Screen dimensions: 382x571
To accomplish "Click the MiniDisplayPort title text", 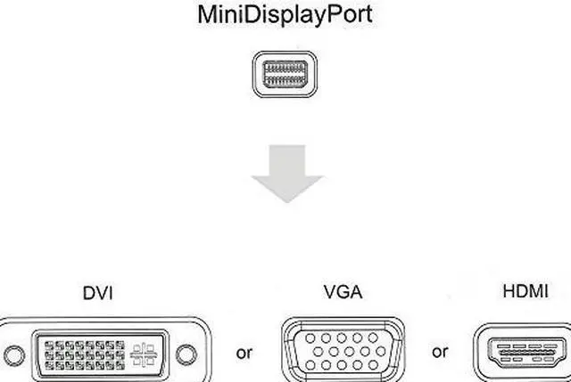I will point(285,15).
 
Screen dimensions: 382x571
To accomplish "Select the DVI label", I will point(97,291).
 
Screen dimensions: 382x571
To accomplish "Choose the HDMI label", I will point(526,290).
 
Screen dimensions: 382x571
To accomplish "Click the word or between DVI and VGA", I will point(244,353).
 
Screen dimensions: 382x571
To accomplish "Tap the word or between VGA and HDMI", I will point(440,352).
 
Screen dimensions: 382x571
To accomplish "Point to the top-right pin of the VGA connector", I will point(373,338).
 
